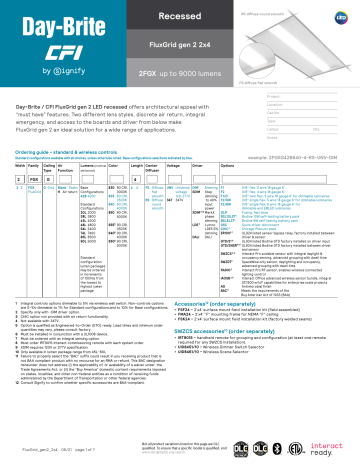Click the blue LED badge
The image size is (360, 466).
tap(339, 17)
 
